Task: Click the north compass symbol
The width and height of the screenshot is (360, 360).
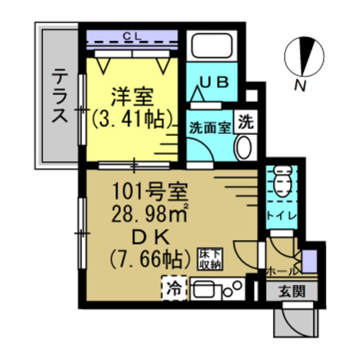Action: tap(304, 57)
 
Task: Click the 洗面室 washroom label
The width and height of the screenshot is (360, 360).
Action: tap(209, 127)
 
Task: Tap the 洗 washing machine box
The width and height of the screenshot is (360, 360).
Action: tap(245, 122)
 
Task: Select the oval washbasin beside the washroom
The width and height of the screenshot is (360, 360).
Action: tap(244, 149)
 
